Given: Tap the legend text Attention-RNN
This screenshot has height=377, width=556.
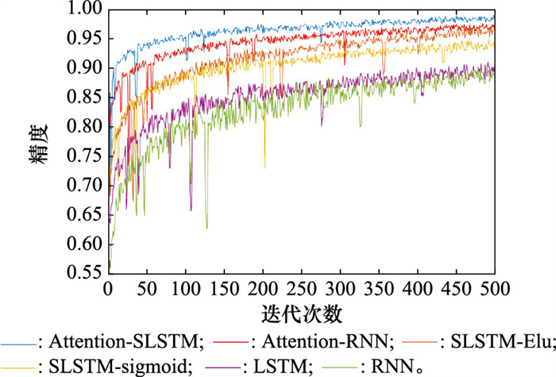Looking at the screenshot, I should click(326, 342).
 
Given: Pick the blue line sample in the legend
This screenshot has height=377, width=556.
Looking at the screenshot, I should click(17, 344).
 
